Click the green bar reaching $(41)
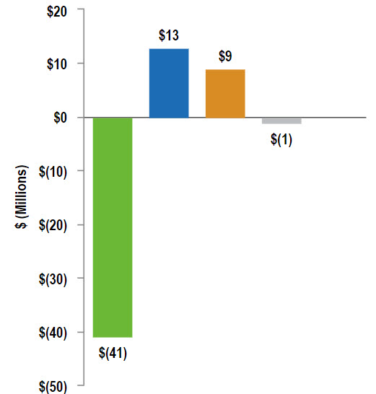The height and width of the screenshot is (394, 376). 113,227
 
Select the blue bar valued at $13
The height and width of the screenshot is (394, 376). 169,83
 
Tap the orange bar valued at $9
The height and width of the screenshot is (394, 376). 225,93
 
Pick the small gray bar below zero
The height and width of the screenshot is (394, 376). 281,121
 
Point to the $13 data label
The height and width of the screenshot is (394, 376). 169,35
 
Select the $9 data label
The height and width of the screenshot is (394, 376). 225,56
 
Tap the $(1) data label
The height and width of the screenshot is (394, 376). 281,139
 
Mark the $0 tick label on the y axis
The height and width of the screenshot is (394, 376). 58,117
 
